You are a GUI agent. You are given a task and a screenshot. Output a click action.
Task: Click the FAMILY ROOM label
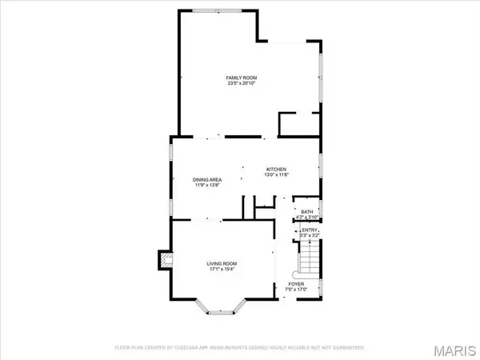(x=241, y=77)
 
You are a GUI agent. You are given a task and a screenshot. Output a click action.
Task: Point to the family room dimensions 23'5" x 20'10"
(x=241, y=83)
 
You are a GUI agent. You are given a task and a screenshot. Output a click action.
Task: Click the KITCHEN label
(x=277, y=169)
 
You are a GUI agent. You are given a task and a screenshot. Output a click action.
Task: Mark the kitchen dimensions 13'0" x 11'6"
(x=277, y=175)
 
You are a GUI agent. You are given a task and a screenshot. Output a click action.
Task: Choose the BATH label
(x=307, y=211)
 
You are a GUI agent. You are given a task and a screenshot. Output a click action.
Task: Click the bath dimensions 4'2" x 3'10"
(x=307, y=217)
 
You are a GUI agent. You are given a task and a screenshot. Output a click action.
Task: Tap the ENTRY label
(x=310, y=230)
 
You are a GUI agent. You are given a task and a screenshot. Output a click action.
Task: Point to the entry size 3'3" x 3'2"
(x=310, y=236)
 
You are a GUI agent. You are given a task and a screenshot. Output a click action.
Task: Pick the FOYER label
(x=296, y=284)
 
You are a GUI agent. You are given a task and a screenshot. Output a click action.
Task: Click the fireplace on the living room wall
(x=165, y=260)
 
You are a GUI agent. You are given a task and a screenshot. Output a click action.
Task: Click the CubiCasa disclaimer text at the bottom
(x=239, y=349)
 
